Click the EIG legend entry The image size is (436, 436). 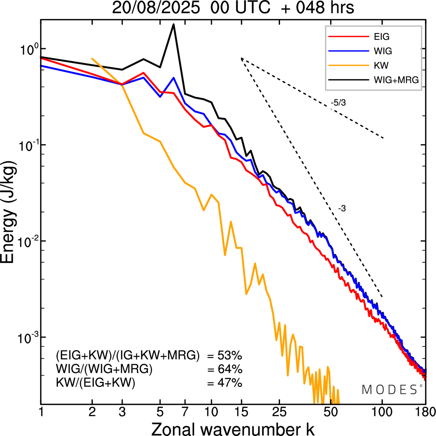pyautogui.click(x=381, y=37)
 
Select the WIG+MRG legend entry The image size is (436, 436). pyautogui.click(x=396, y=80)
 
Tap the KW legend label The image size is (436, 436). pyautogui.click(x=381, y=65)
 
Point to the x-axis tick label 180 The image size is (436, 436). pyautogui.click(x=425, y=412)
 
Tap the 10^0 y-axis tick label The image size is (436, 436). pyautogui.click(x=26, y=50)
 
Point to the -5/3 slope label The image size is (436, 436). pyautogui.click(x=338, y=103)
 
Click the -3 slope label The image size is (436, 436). pyautogui.click(x=342, y=209)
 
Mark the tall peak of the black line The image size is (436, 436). pyautogui.click(x=173, y=25)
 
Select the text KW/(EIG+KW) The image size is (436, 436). pyautogui.click(x=96, y=383)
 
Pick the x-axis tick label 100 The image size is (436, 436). pyautogui.click(x=382, y=412)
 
